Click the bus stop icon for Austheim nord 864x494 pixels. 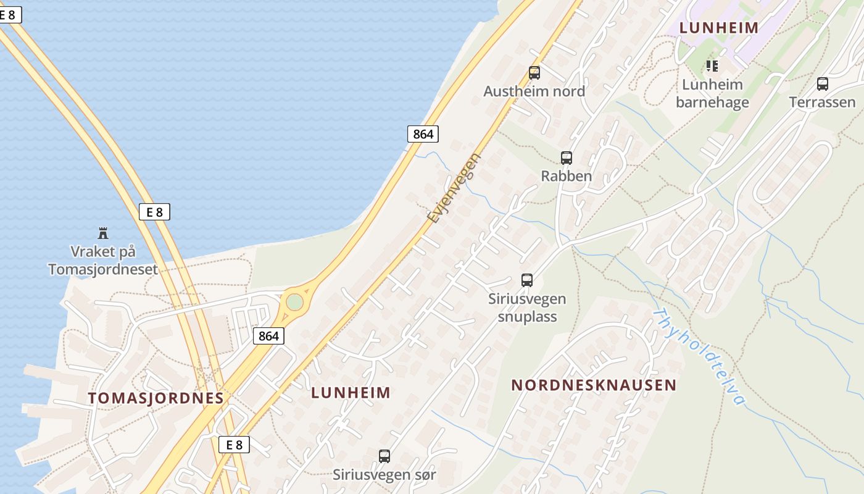point(534,73)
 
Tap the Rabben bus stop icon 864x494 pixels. point(567,157)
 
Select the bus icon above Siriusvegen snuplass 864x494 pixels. point(527,280)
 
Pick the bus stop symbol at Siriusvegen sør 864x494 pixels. point(384,456)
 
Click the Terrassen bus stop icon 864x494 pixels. point(823,84)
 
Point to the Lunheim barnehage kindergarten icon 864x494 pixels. point(712,65)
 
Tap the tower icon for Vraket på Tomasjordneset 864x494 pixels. point(103,233)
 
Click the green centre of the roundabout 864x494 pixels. point(295,302)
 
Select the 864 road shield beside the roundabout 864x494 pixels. point(269,336)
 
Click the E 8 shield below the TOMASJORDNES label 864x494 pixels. point(235,445)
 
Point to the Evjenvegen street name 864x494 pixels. point(454,188)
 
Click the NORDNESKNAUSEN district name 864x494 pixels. point(594,385)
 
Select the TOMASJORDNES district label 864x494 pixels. point(156,398)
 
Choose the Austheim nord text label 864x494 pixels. point(534,91)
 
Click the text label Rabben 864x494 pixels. point(567,176)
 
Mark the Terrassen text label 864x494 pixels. point(823,103)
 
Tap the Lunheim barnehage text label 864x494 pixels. point(712,93)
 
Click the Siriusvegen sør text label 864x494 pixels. point(384,475)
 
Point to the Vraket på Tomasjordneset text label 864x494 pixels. point(103,261)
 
